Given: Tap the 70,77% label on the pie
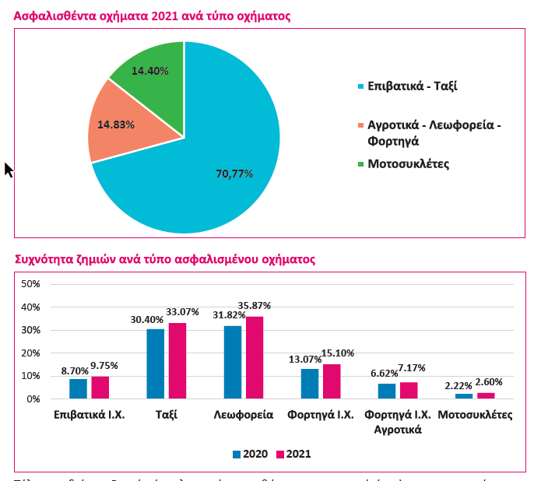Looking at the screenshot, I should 234,174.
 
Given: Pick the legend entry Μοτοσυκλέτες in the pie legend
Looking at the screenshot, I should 408,163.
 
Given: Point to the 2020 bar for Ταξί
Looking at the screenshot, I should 156,364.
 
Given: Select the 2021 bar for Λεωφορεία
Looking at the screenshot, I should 255,358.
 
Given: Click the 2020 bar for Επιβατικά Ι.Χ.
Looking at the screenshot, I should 78,388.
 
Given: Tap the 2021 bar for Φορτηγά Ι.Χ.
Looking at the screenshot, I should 332,381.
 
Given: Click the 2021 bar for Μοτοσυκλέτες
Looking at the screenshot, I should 486,395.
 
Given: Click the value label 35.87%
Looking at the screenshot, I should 255,306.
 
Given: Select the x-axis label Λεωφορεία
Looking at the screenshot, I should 244,414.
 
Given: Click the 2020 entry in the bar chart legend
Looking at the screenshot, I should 251,454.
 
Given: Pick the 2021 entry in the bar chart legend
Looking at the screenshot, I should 294,454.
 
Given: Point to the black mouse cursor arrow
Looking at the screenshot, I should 9,169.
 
